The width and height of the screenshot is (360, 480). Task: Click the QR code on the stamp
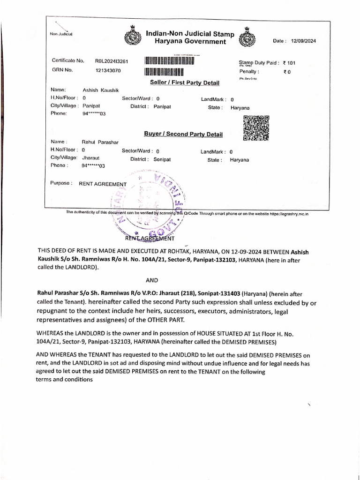(256, 127)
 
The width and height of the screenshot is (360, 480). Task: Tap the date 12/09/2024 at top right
(303, 41)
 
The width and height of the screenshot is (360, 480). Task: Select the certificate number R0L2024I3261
(112, 61)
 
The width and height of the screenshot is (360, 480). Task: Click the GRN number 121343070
(108, 70)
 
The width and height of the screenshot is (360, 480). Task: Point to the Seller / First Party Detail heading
(184, 83)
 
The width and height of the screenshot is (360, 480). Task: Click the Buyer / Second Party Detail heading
(183, 135)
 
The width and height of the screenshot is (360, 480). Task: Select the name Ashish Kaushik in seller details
(101, 90)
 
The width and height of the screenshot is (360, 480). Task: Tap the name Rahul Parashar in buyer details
(100, 142)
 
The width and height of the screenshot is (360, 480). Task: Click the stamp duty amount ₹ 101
(289, 63)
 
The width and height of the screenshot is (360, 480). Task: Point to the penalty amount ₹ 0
(287, 72)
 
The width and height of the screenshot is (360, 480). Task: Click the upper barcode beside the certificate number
(169, 60)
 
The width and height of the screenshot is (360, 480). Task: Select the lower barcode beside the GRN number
(164, 72)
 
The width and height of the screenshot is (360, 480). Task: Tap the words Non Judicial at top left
(60, 34)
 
